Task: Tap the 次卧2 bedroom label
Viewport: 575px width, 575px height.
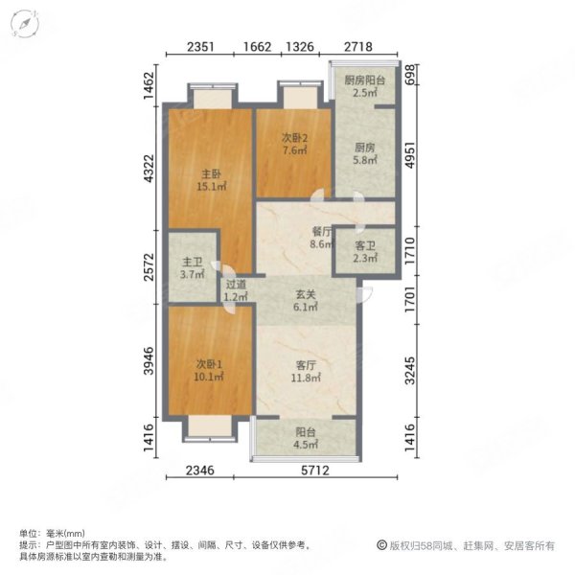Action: point(294,137)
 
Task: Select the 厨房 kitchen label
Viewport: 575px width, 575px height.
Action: point(363,149)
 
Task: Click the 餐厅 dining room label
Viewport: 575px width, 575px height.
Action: point(294,231)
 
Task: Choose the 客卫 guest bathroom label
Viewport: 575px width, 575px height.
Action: point(363,244)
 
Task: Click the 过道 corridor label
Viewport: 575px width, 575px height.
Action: point(236,285)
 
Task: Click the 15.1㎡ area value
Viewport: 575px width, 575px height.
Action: point(211,187)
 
